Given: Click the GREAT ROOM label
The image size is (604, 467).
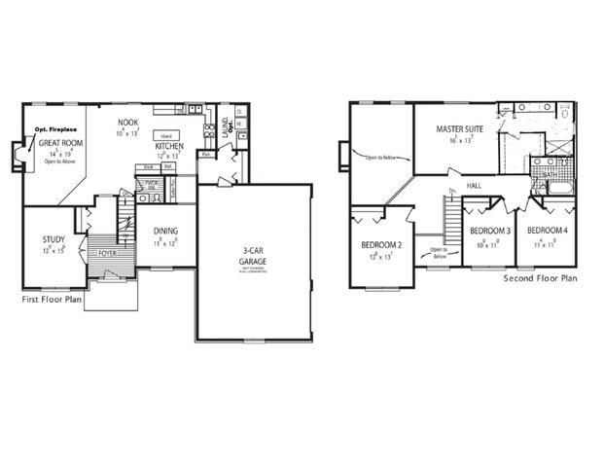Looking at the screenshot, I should coord(59,142).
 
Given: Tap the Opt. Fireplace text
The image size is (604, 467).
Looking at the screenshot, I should coord(55,128).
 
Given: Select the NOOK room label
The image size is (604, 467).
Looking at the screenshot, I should coord(128,122).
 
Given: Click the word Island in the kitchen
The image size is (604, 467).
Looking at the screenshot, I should coord(165,135).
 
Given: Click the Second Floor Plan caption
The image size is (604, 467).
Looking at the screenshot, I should coord(540,278).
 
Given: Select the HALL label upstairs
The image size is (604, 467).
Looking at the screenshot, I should coord(475,185).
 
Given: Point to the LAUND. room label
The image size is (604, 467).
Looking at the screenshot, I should coord(226,126).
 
